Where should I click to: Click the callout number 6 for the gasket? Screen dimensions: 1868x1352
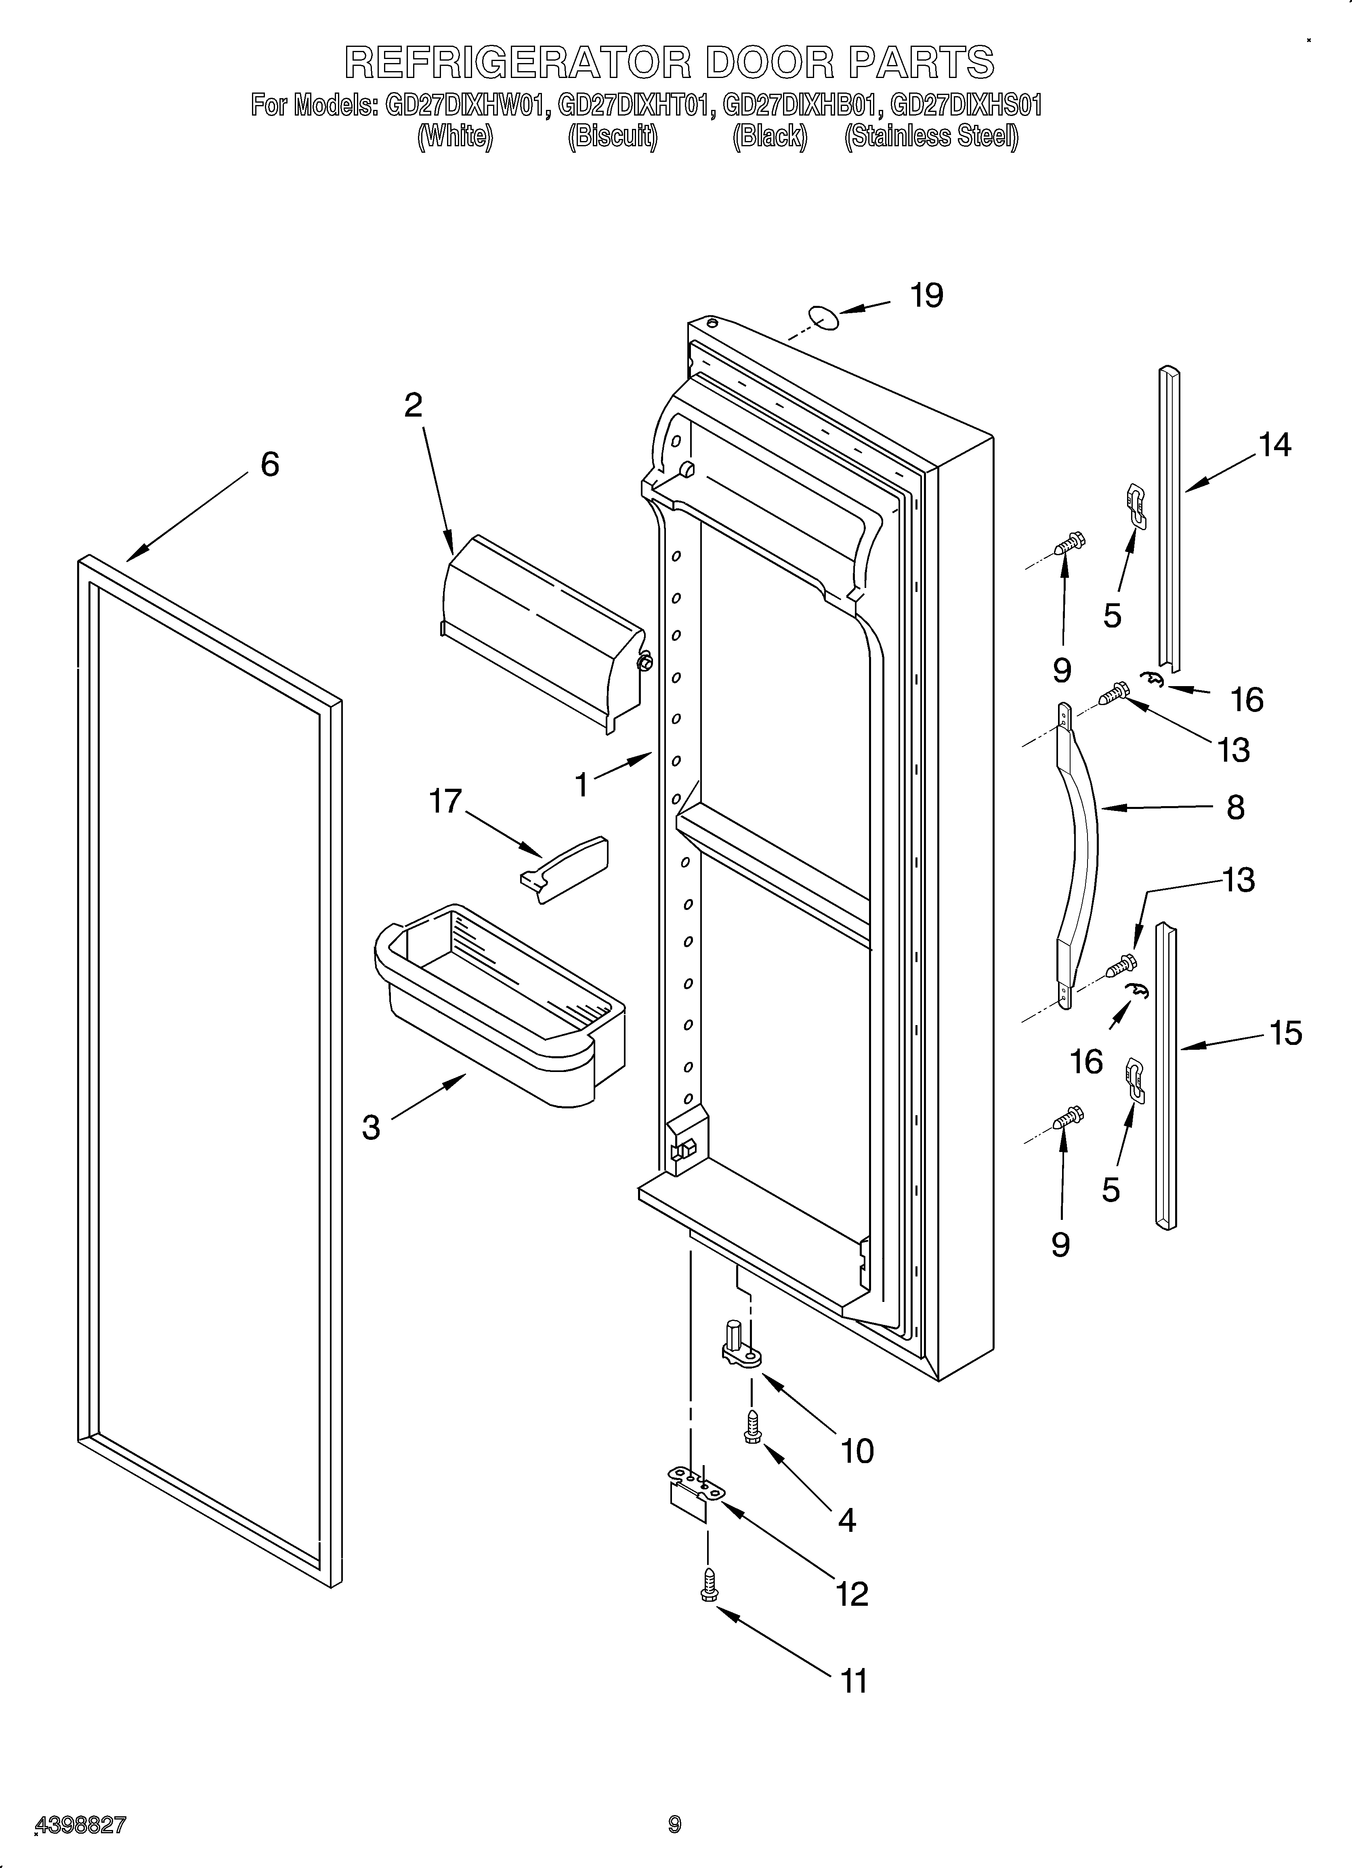tap(269, 465)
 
